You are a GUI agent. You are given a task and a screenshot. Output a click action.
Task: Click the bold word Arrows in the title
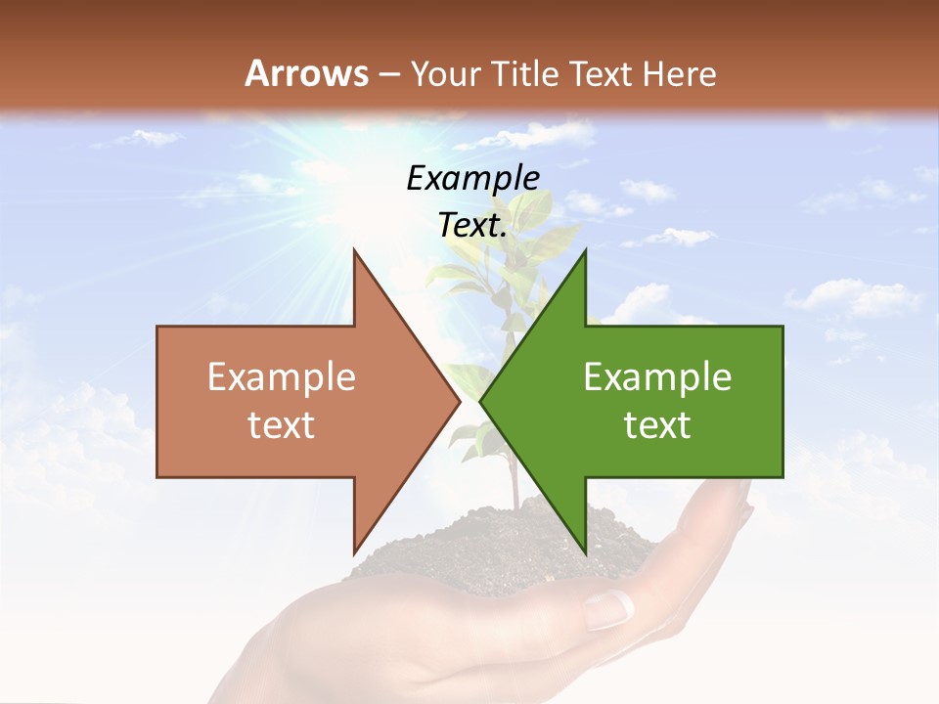pos(307,73)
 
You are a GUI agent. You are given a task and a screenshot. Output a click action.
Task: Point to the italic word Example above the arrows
pos(472,178)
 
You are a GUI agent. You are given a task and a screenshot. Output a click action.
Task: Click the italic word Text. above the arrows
pos(472,225)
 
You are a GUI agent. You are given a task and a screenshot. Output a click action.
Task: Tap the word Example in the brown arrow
pos(281,377)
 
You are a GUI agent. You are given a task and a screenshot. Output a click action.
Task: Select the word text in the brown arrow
pos(281,425)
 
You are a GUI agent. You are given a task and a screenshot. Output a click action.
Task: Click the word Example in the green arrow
pos(657,377)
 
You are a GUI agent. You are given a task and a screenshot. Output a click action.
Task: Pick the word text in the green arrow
pos(657,425)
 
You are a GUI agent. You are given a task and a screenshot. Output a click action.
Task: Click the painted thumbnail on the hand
pos(608,610)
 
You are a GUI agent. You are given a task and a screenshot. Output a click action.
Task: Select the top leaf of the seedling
pos(533,207)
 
